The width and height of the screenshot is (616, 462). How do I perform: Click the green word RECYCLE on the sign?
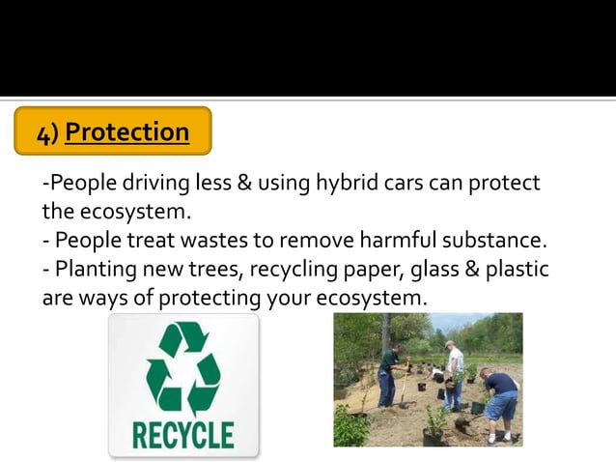182,432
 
